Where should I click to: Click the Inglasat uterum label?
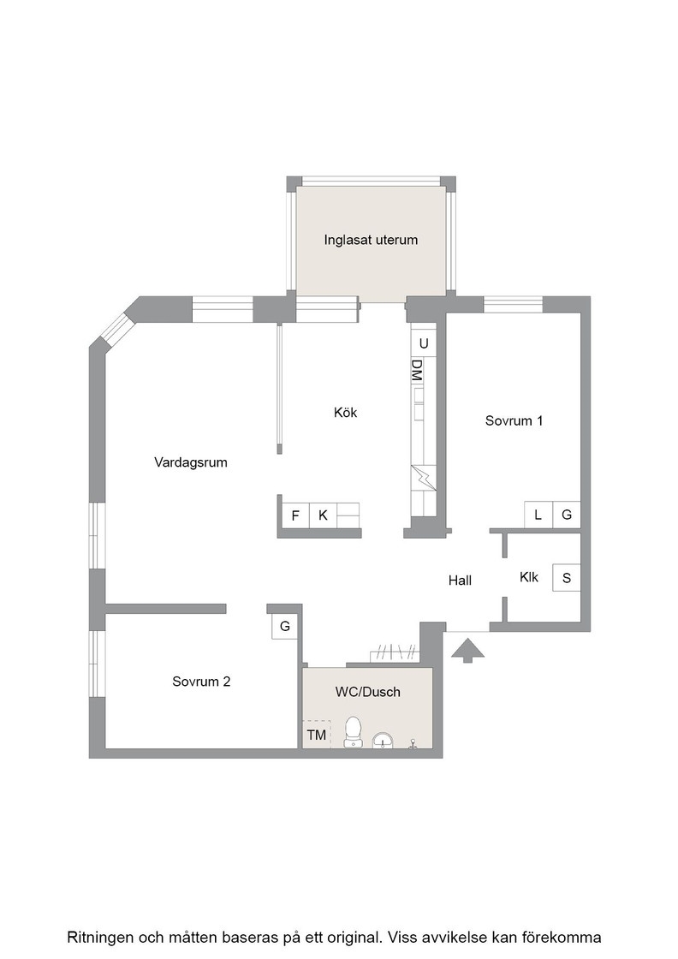pos(371,240)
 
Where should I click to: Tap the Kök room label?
pos(345,412)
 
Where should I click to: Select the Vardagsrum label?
pos(191,462)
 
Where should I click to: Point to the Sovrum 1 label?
pos(514,420)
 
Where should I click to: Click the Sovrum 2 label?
pos(201,682)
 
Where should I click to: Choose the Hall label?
pos(460,581)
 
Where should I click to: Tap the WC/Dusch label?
pos(367,692)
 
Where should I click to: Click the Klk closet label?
pos(529,577)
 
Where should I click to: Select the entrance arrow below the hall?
pos(467,650)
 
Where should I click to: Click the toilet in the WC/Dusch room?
pos(353,732)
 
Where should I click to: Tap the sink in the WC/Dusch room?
pos(384,740)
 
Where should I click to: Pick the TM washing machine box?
pos(317,734)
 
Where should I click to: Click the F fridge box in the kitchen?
pos(295,515)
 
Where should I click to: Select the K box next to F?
pos(323,515)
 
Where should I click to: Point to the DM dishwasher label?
pos(417,371)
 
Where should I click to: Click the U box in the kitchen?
pos(423,343)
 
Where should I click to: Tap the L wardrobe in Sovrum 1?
pos(538,515)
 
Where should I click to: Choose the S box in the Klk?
pos(566,578)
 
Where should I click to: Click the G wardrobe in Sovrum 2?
pos(285,626)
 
